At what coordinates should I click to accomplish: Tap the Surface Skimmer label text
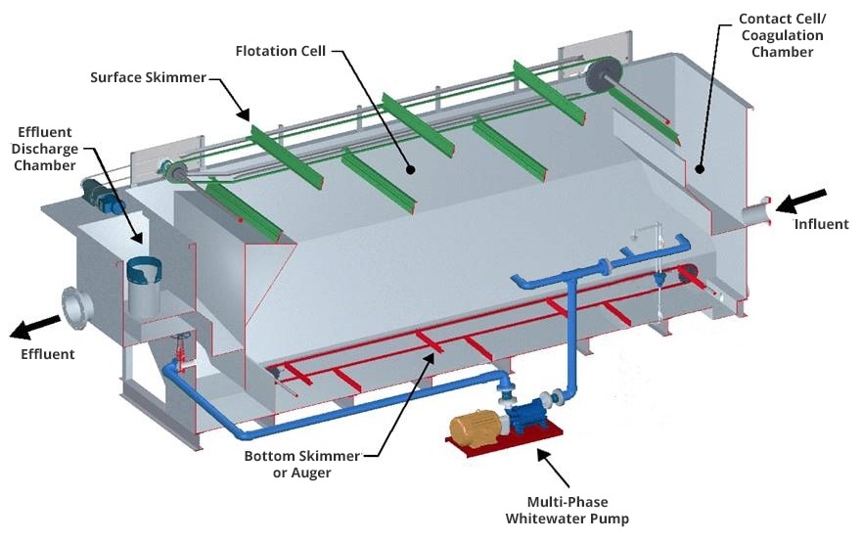148,77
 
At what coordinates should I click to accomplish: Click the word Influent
821,224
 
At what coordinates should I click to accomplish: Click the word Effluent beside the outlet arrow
47,354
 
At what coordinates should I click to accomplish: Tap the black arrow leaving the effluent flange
32,327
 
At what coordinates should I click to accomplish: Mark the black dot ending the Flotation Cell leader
411,169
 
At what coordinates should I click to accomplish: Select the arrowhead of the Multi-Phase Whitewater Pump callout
536,452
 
